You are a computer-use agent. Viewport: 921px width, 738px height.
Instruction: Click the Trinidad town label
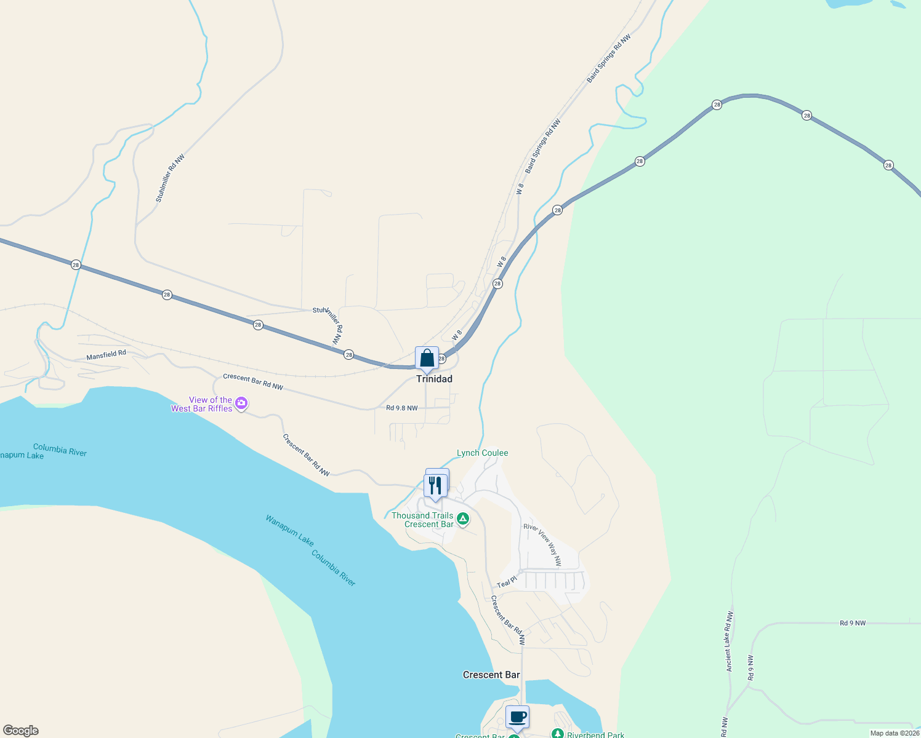tap(434, 379)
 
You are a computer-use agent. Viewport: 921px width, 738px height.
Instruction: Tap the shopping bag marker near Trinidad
tap(427, 359)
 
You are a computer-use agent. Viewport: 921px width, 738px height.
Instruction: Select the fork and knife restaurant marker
tap(436, 486)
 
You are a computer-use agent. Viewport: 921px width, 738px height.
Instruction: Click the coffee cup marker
tap(517, 717)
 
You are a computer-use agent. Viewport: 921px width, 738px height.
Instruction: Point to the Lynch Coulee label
tap(483, 453)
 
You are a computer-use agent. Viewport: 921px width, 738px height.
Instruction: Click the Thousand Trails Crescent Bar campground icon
tap(463, 519)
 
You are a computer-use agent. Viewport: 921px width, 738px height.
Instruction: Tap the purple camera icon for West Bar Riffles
tap(241, 403)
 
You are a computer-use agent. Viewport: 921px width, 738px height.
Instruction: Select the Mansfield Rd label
tap(106, 355)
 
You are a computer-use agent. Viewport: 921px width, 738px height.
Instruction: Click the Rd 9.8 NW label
tap(402, 408)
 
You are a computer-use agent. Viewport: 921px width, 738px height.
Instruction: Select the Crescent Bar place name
tap(491, 675)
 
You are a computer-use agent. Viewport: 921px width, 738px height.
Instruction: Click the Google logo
tap(21, 731)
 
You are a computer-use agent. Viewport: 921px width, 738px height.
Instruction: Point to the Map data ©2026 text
tap(895, 733)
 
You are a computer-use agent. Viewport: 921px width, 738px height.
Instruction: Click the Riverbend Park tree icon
tap(557, 734)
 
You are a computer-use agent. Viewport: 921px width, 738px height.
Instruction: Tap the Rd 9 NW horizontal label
tap(853, 623)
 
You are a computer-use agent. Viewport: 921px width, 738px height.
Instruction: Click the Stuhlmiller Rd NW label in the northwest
tap(170, 178)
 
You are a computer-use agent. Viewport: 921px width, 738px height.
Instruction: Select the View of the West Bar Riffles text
tap(202, 404)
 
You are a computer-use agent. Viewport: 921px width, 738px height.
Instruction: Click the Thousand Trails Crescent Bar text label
tap(422, 520)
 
